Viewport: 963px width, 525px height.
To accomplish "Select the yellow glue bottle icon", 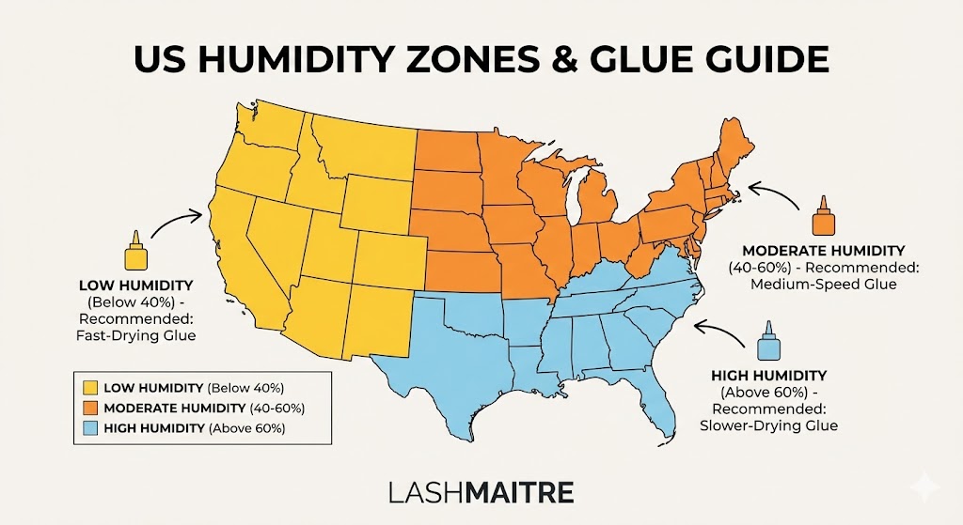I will point(135,253).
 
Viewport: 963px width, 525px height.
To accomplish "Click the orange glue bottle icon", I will point(824,218).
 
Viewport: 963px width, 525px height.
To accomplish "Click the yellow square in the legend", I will point(91,387).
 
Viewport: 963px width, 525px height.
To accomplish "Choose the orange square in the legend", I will point(91,408).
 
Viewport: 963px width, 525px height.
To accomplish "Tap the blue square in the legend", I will point(91,428).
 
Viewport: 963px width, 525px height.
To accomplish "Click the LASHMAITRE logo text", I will point(481,492).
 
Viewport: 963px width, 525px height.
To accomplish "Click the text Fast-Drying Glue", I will point(137,335).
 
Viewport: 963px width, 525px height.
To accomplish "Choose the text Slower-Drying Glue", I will point(775,425).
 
